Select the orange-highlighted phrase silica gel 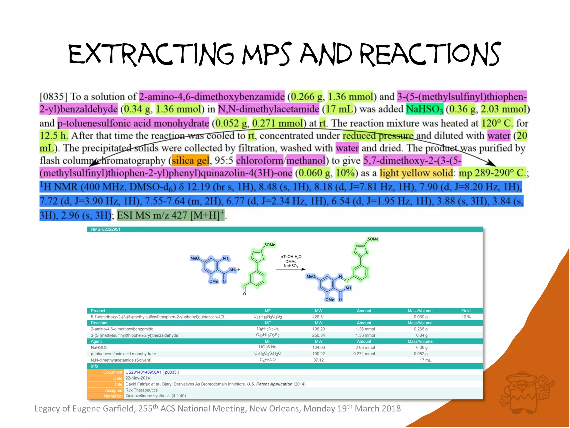[190, 160]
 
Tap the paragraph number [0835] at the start [53, 97]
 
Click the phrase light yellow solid [416, 173]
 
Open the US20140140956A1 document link [143, 372]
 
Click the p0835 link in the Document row [171, 372]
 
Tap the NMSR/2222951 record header [106, 229]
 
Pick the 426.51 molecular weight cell [318, 317]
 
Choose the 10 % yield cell [466, 317]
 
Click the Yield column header [466, 311]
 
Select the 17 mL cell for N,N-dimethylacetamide [425, 360]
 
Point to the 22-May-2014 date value [137, 378]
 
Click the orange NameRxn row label [113, 396]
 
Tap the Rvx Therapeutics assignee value [141, 390]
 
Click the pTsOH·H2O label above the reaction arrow [291, 257]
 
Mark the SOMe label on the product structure [373, 239]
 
